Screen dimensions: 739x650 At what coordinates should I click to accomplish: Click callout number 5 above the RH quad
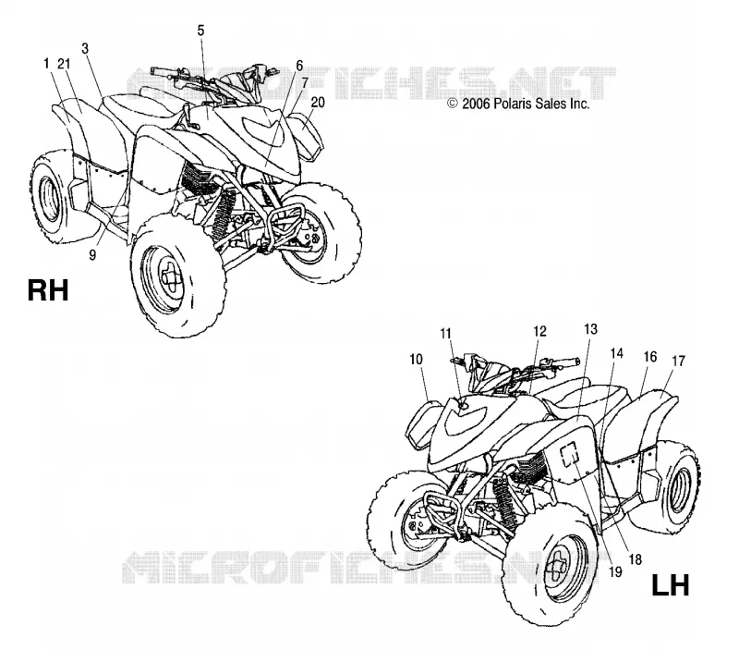(x=200, y=31)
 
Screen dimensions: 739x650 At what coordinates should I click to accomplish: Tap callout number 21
(x=64, y=63)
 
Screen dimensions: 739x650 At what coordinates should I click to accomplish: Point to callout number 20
(x=318, y=102)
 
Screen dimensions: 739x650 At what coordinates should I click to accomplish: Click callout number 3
(x=85, y=48)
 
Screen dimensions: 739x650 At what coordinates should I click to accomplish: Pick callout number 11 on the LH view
(x=445, y=334)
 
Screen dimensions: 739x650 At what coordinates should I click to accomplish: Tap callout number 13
(x=590, y=329)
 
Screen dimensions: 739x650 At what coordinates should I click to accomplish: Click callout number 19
(x=615, y=572)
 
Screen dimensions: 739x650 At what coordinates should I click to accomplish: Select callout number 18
(x=636, y=559)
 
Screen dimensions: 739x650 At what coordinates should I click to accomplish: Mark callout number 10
(x=416, y=360)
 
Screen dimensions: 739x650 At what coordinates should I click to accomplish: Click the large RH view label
(x=48, y=290)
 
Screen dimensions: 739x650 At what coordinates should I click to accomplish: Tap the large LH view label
(x=671, y=585)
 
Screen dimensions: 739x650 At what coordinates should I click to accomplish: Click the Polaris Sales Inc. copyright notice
(x=518, y=104)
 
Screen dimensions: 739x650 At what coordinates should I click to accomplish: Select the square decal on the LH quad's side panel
(x=570, y=454)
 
